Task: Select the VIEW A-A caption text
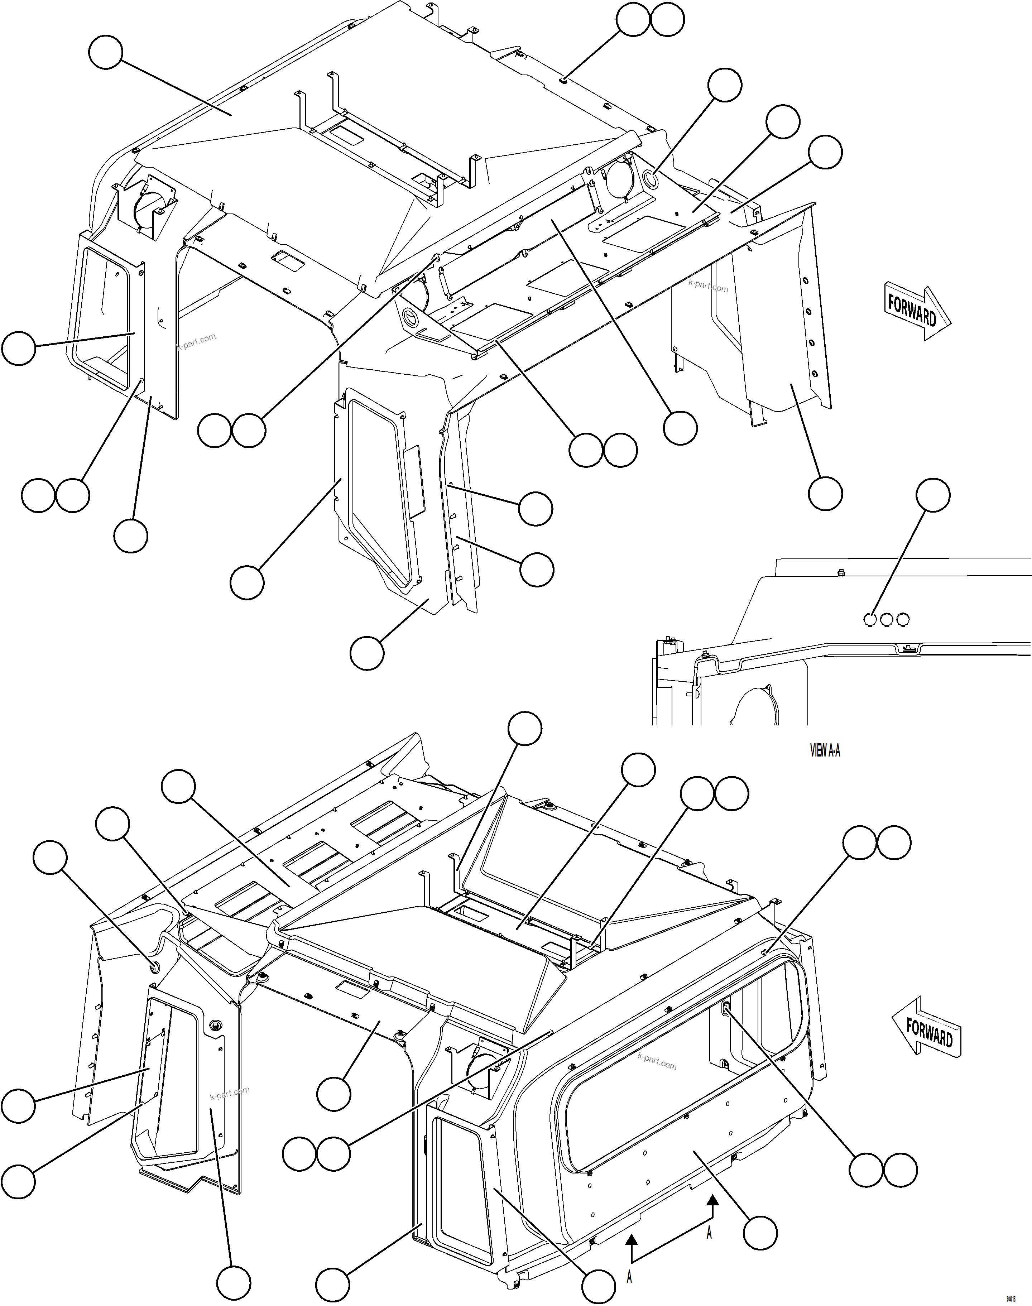click(825, 751)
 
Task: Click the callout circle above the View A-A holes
click(933, 495)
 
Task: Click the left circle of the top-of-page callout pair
click(633, 20)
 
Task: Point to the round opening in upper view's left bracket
click(148, 209)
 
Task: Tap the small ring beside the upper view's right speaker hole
click(651, 179)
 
